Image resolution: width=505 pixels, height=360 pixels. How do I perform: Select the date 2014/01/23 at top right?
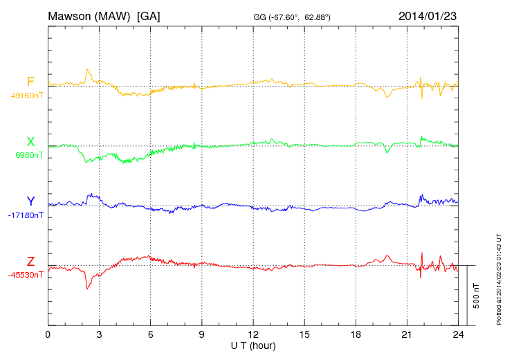428,15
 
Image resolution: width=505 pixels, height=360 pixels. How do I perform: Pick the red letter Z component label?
30,262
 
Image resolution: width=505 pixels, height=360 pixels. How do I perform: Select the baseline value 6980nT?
29,156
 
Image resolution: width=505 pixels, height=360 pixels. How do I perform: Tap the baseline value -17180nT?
26,215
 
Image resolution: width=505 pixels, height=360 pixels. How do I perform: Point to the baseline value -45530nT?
26,275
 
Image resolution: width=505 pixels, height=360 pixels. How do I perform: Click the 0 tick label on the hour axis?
48,334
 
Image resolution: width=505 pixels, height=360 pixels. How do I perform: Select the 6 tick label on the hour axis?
150,334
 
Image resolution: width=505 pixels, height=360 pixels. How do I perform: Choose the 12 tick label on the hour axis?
252,334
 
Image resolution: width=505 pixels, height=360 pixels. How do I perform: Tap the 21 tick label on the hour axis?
407,334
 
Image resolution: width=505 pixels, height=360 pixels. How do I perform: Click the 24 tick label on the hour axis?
458,334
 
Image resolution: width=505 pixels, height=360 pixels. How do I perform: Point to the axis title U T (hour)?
252,345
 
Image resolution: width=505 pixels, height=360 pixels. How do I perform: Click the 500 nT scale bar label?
477,296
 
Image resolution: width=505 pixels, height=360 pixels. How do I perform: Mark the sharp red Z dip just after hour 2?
87,287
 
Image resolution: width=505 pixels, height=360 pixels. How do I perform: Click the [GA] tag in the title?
149,15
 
